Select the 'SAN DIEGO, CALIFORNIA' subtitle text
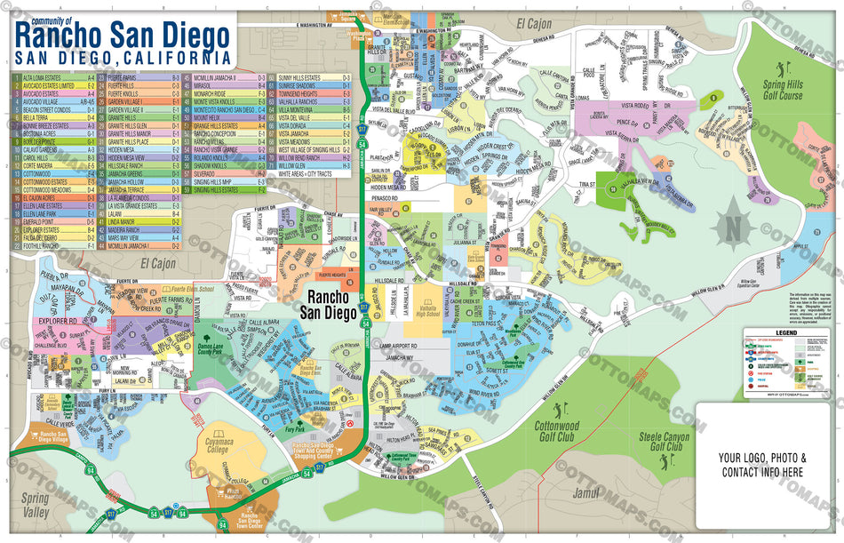tap(116, 58)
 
